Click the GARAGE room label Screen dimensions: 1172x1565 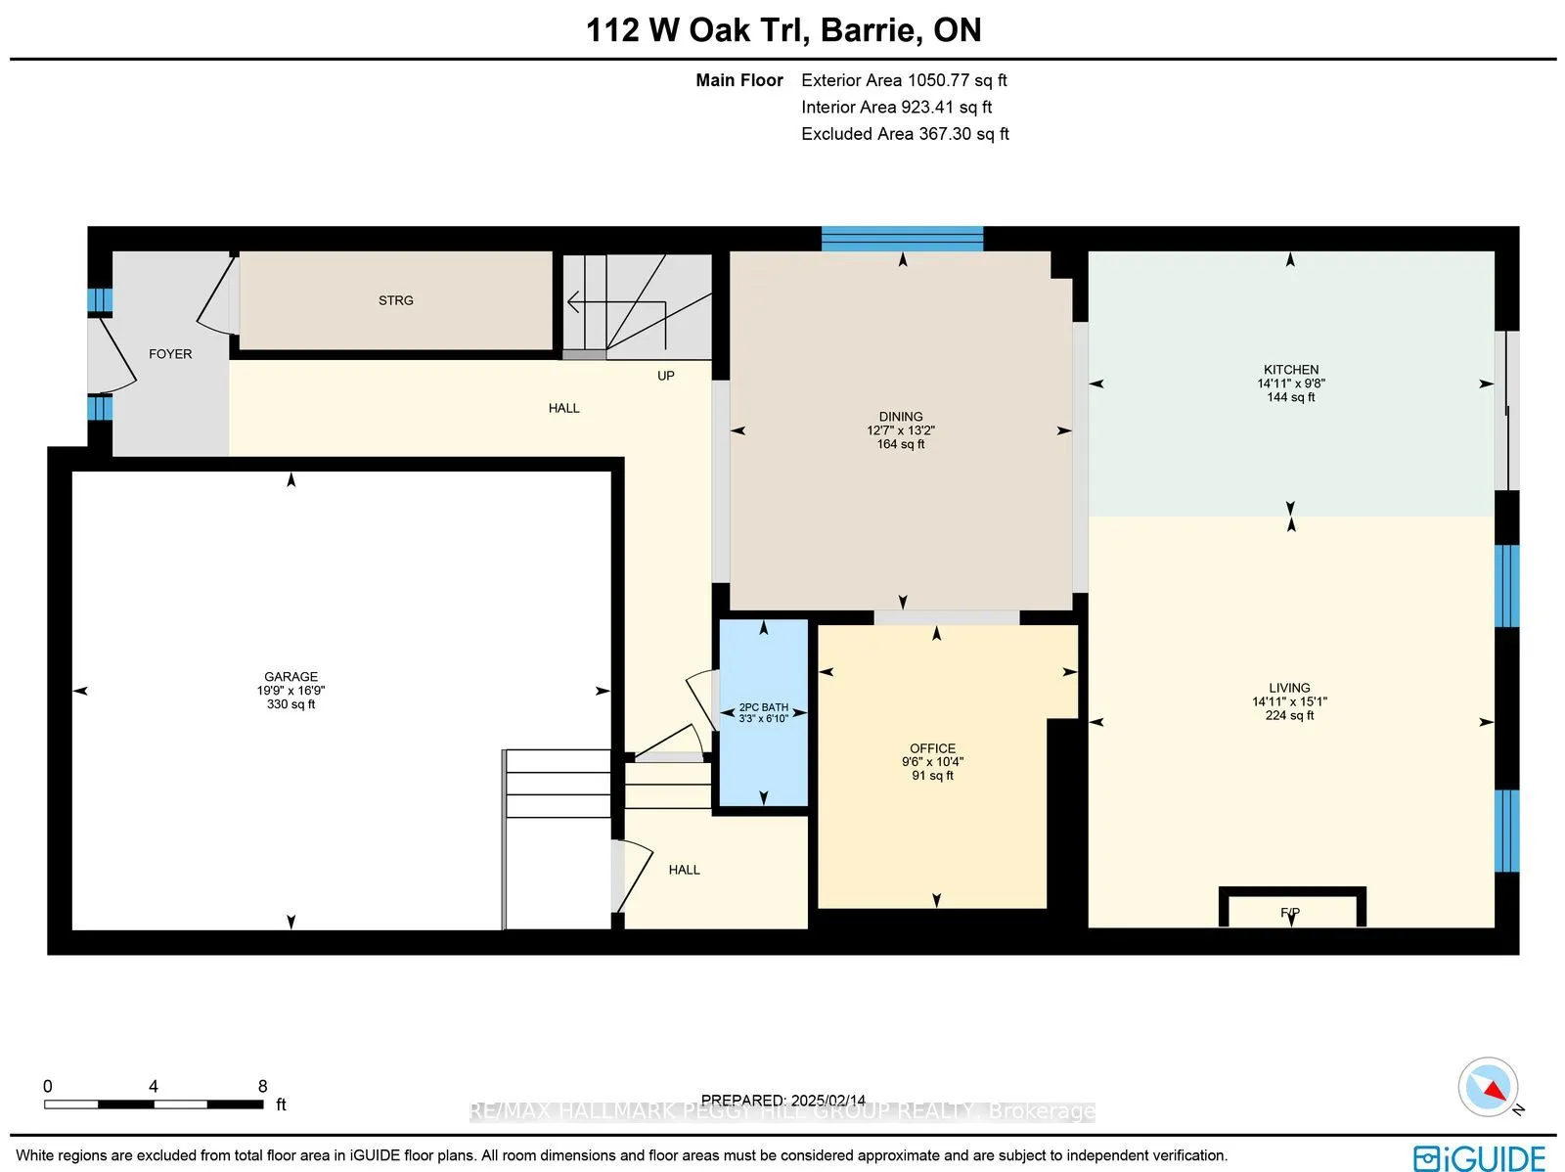point(291,676)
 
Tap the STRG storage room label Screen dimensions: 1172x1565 point(396,300)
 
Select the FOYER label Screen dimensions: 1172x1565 point(170,354)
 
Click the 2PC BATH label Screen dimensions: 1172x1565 point(763,707)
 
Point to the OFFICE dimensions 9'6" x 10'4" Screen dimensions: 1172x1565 point(932,762)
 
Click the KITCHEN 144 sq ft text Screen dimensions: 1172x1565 point(1290,397)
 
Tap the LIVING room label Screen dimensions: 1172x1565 point(1289,688)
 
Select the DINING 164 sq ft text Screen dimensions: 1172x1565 point(900,444)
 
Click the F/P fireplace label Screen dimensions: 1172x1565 point(1290,913)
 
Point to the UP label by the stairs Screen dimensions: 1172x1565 point(665,376)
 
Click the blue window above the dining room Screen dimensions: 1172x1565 point(902,239)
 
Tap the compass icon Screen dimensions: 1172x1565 point(1488,1087)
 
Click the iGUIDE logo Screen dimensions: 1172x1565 point(1478,1157)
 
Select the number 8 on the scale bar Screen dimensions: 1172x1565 point(262,1086)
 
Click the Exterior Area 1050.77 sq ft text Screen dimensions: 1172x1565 point(904,80)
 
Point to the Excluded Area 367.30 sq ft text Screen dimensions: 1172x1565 point(905,133)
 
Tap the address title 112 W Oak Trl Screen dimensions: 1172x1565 point(696,30)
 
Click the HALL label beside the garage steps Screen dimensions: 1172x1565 point(684,870)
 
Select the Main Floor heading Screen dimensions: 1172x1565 point(738,80)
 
